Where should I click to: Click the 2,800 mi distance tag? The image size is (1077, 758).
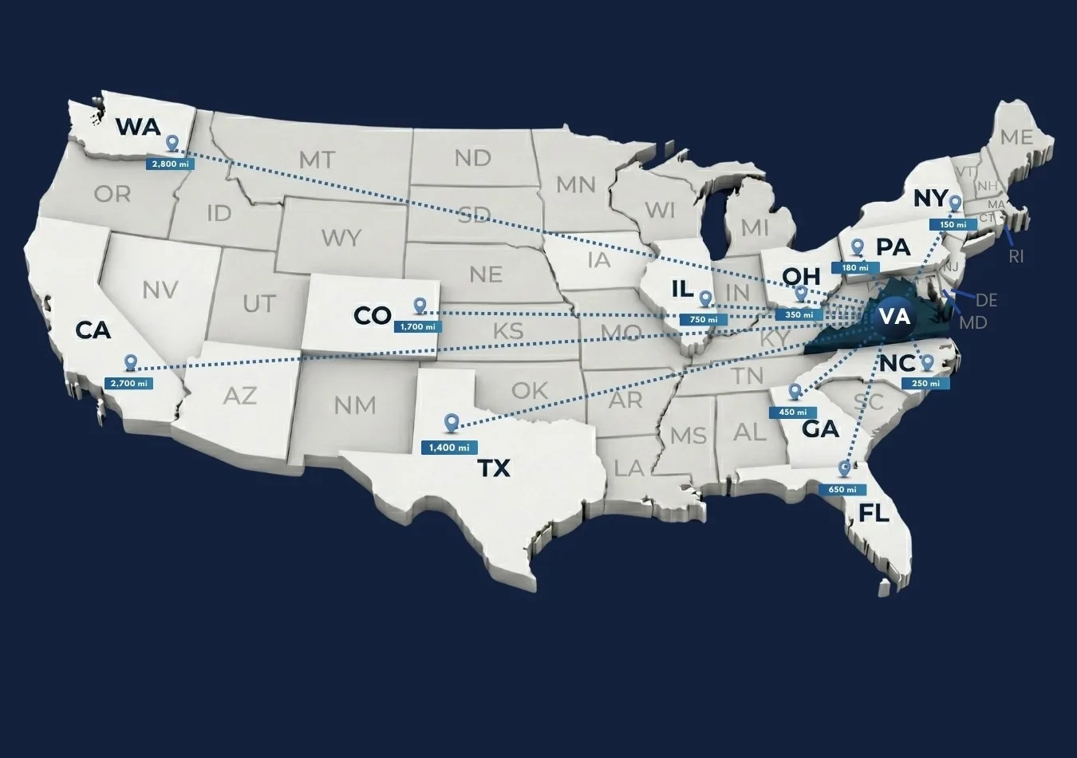pos(167,164)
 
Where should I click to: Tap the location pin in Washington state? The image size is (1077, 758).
pos(172,144)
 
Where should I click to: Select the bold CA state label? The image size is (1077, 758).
pos(93,330)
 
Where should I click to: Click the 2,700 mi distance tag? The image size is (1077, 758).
pos(128,383)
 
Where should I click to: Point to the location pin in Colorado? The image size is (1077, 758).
pos(420,306)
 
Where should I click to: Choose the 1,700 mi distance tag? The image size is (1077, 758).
pos(417,326)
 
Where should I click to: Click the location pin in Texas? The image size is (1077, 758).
pos(452,422)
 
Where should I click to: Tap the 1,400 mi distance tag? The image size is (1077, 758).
pos(448,447)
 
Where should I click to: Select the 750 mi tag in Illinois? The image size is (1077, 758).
pos(703,319)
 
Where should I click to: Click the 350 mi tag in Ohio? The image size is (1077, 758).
pos(794,315)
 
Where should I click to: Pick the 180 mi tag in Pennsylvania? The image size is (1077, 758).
pos(855,267)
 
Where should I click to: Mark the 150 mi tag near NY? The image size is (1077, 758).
pos(953,225)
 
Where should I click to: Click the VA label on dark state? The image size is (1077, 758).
pos(894,316)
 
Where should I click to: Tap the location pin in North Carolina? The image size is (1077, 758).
pos(926,363)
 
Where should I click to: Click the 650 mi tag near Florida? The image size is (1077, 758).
pos(842,489)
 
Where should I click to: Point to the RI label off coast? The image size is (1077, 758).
pos(1016,257)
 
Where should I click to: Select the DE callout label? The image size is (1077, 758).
pos(986,300)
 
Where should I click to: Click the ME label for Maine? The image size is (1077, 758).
pos(1016,137)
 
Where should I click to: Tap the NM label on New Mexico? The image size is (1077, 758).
pos(355,405)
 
